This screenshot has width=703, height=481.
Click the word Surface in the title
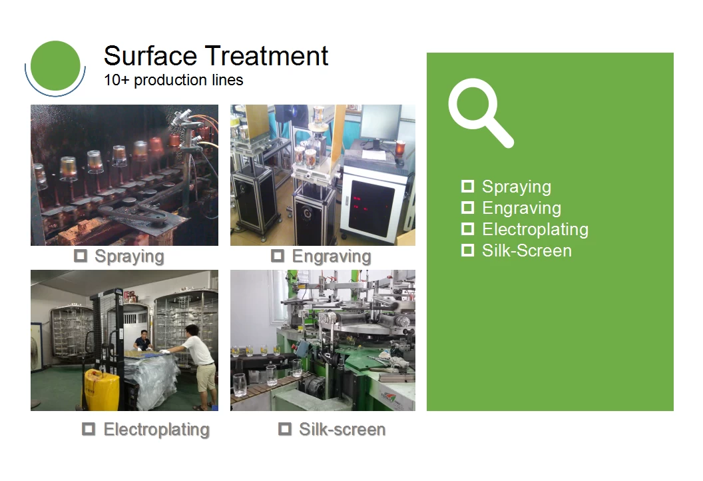click(150, 56)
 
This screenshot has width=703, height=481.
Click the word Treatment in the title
click(267, 56)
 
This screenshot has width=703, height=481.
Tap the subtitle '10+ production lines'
click(174, 80)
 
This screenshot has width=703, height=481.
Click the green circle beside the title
click(56, 66)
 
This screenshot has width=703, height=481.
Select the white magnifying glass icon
click(480, 112)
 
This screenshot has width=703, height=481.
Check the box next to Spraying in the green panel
click(467, 187)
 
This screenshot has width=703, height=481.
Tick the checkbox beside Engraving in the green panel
click(467, 208)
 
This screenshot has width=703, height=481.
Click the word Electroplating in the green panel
click(535, 229)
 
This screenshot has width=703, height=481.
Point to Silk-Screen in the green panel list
click(527, 250)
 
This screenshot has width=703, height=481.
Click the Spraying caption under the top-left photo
click(129, 256)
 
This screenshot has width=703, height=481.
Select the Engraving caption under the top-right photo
click(332, 256)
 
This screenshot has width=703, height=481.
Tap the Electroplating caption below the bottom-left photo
click(156, 430)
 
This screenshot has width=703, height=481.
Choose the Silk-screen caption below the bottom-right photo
click(342, 430)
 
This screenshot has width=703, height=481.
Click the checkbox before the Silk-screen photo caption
click(285, 429)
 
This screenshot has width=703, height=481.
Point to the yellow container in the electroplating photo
click(102, 389)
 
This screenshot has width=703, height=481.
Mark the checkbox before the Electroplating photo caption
click(89, 429)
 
